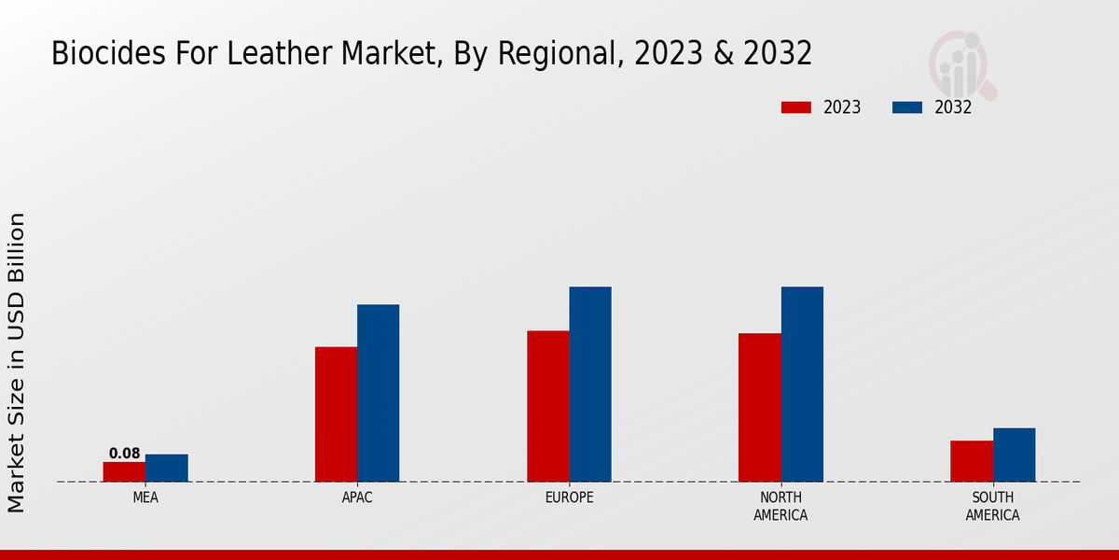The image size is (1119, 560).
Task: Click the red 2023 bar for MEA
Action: (124, 471)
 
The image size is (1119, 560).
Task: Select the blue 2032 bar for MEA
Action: (167, 468)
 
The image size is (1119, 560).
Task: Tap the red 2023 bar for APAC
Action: (336, 414)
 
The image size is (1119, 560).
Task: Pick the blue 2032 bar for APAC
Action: (379, 393)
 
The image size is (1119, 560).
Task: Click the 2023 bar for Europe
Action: (547, 406)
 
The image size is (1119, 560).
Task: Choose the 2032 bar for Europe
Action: (590, 384)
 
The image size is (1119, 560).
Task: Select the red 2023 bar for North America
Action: (759, 407)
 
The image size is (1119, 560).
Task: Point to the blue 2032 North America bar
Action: (802, 384)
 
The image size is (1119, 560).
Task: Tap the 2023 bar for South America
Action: (972, 461)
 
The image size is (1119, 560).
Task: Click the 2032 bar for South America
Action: (1014, 455)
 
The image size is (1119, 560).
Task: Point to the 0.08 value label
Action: (124, 454)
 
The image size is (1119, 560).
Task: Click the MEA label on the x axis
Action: (145, 497)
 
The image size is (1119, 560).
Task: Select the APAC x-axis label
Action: (357, 497)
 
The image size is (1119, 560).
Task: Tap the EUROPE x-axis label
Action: (569, 497)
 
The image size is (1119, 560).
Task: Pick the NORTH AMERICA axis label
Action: (781, 506)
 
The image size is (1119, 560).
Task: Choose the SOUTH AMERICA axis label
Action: (992, 506)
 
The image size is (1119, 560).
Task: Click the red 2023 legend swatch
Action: (796, 107)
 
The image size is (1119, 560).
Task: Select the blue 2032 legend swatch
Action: (907, 107)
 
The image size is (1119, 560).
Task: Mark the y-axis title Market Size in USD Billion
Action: (17, 362)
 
